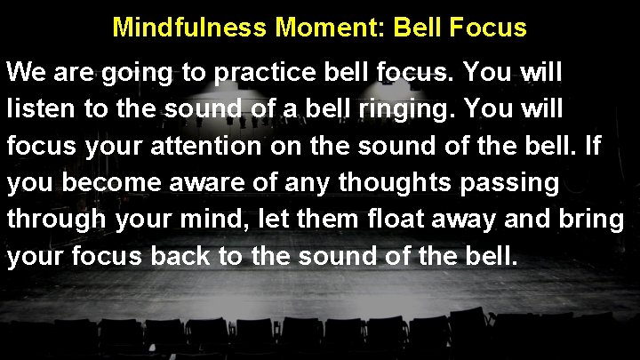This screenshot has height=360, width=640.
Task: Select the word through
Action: pyautogui.click(x=54, y=220)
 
